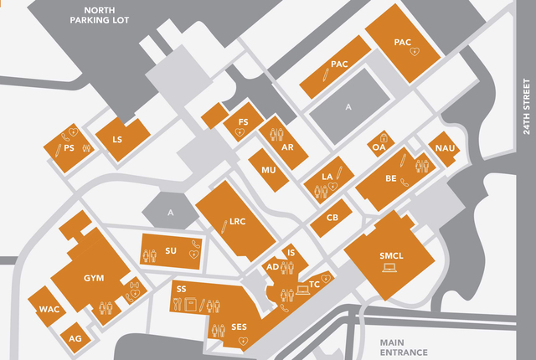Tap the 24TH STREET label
pos(527,112)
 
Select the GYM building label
pos(94,278)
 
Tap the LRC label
pos(238,223)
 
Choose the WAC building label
pos(49,310)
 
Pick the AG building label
pos(75,338)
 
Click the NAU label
pos(444,148)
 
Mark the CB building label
pos(332,218)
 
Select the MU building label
pos(268,170)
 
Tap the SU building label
pos(171,250)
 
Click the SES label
pos(239,327)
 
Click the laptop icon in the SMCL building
pos(389,268)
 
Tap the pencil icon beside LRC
pos(224,224)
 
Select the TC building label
pos(315,285)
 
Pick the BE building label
pos(391,177)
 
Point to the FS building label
pos(243,122)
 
